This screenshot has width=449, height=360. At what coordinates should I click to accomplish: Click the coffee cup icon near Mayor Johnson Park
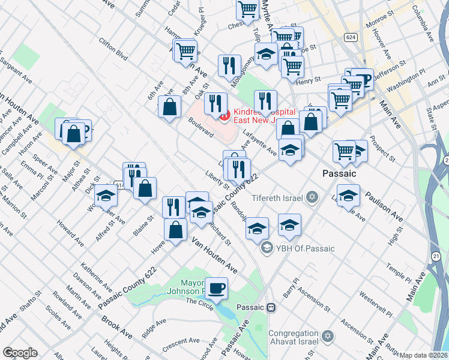[216, 288]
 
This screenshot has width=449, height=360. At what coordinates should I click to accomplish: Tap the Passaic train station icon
[271, 307]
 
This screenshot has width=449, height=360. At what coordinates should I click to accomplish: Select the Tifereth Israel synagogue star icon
[312, 197]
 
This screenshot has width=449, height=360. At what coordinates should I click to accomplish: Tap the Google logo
[19, 353]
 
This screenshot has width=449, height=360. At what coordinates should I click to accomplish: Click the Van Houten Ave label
[214, 255]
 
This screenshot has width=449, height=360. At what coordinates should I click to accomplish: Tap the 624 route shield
[352, 37]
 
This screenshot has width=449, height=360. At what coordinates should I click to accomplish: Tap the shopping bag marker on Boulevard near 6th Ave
[170, 107]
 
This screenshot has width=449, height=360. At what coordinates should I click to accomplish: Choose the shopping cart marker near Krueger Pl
[185, 50]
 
